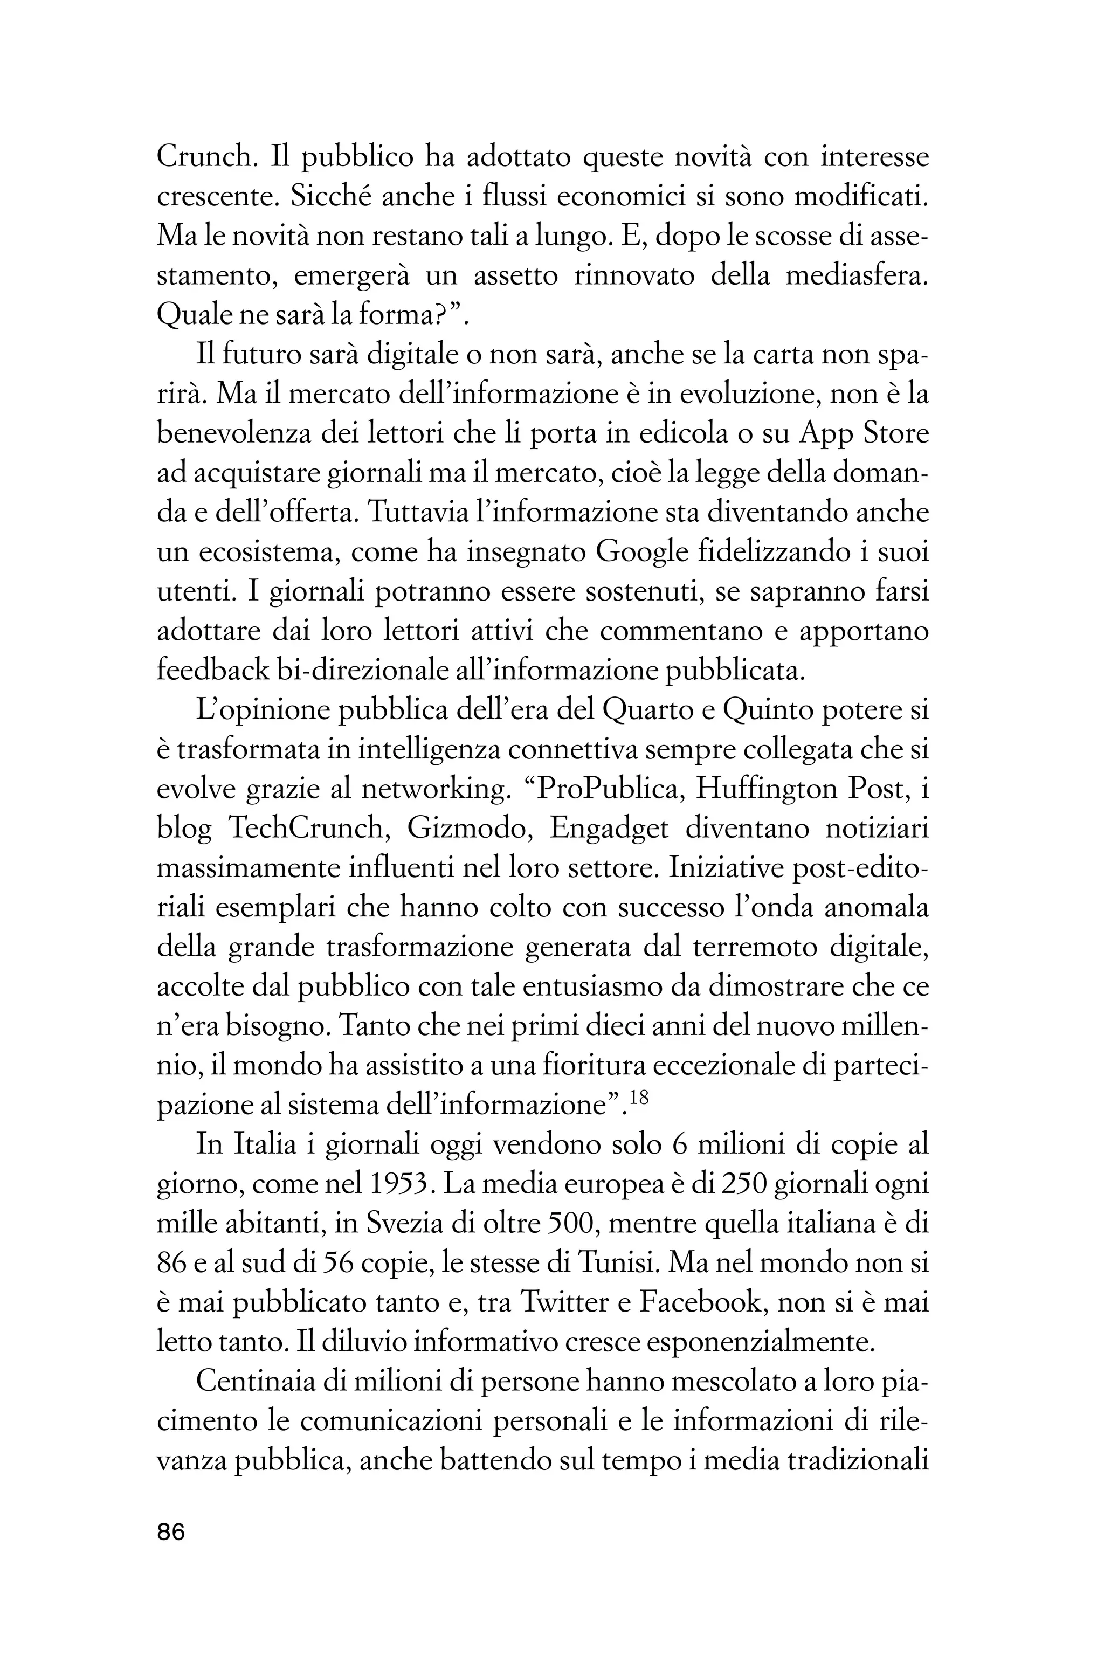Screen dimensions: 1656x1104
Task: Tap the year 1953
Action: point(397,1185)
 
